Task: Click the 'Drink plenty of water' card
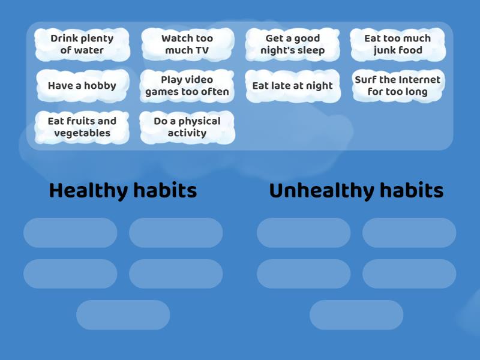coord(82,44)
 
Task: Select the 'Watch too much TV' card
coord(187,44)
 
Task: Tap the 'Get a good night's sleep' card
coord(292,44)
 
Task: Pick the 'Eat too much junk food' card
coord(398,44)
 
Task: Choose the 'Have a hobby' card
coord(82,86)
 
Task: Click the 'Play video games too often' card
coord(187,86)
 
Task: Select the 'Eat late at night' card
coord(292,86)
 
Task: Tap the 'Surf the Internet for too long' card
coord(398,86)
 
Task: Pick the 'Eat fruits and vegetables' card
coord(82,127)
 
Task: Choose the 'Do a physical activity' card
coord(187,127)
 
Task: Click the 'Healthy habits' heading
coord(123,191)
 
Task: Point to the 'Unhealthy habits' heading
coord(356,191)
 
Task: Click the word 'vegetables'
coord(82,133)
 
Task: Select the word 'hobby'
coord(100,86)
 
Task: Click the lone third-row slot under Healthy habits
coord(123,315)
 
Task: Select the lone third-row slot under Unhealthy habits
coord(356,315)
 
